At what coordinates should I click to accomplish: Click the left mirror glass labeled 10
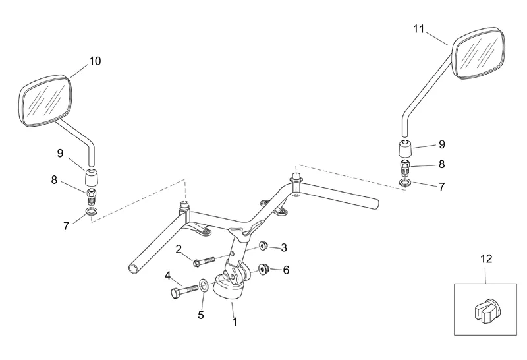[x=45, y=100]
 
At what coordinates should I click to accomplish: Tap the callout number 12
[x=486, y=259]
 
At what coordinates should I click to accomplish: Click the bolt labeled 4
[x=184, y=289]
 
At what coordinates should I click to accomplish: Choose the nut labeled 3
[x=262, y=247]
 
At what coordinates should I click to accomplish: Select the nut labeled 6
[x=264, y=269]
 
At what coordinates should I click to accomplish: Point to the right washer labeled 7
[x=406, y=182]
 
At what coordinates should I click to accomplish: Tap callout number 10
[x=95, y=61]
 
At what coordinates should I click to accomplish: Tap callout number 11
[x=420, y=28]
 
